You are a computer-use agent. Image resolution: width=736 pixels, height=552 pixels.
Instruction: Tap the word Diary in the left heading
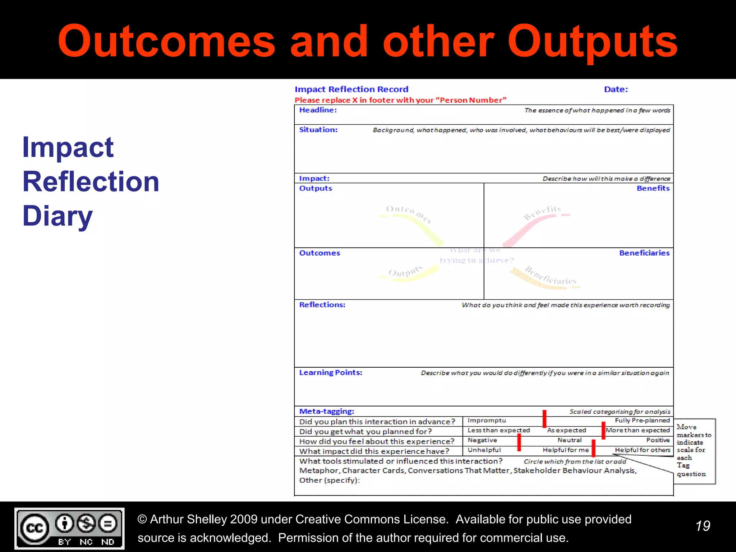pyautogui.click(x=57, y=216)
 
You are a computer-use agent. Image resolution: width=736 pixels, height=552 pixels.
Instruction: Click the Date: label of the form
pyautogui.click(x=616, y=89)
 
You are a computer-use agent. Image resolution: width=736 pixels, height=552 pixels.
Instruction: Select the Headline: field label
pyautogui.click(x=318, y=110)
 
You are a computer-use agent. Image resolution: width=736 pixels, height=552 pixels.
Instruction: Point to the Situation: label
pyautogui.click(x=318, y=130)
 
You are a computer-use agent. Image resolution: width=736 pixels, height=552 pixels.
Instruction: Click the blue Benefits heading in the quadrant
pyautogui.click(x=653, y=188)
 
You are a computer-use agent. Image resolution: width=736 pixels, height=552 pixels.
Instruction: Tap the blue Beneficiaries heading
pyautogui.click(x=644, y=253)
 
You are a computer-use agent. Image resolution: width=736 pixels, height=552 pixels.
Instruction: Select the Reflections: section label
pyautogui.click(x=322, y=305)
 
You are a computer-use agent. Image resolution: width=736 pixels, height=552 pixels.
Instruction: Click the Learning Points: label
pyautogui.click(x=330, y=373)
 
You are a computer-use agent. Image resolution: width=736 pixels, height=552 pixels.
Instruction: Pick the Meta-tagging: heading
pyautogui.click(x=326, y=411)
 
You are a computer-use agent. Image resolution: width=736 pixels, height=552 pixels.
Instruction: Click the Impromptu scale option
pyautogui.click(x=487, y=420)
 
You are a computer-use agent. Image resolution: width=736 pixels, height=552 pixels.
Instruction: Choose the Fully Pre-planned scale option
pyautogui.click(x=642, y=420)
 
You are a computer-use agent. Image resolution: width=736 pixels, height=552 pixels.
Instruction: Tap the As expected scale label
pyautogui.click(x=566, y=430)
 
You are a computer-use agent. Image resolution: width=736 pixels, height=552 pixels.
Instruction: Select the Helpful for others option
pyautogui.click(x=642, y=450)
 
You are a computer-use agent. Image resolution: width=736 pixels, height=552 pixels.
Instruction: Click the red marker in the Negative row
pyautogui.click(x=519, y=442)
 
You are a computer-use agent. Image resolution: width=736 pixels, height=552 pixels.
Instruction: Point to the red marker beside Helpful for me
pyautogui.click(x=593, y=448)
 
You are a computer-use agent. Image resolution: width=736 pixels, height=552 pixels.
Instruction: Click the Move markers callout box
pyautogui.click(x=694, y=451)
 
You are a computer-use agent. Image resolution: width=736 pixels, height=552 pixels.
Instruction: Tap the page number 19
pyautogui.click(x=703, y=526)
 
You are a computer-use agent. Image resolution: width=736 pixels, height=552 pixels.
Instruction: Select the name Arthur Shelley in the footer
pyautogui.click(x=188, y=519)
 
